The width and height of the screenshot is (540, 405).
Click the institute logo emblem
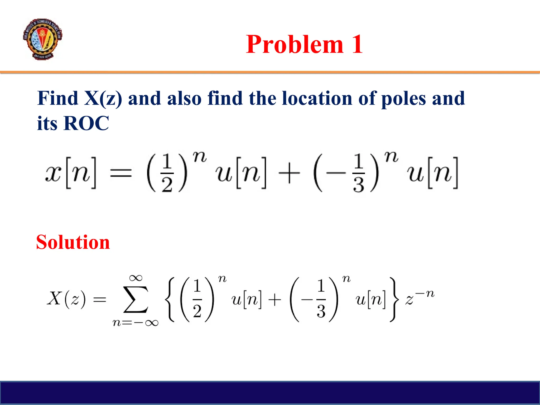[x=42, y=39]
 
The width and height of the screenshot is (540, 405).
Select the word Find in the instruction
[x=58, y=98]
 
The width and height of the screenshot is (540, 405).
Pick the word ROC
[x=86, y=123]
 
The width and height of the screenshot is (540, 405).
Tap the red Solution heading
[x=73, y=242]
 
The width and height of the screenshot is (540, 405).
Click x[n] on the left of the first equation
[x=71, y=173]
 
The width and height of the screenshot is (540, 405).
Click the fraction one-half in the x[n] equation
[x=167, y=173]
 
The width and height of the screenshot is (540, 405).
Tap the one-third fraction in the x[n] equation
[x=358, y=173]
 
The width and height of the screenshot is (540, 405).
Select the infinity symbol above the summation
[x=136, y=278]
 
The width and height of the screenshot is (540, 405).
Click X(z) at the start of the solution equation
[x=66, y=299]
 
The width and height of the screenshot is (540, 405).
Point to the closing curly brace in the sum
[x=393, y=300]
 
